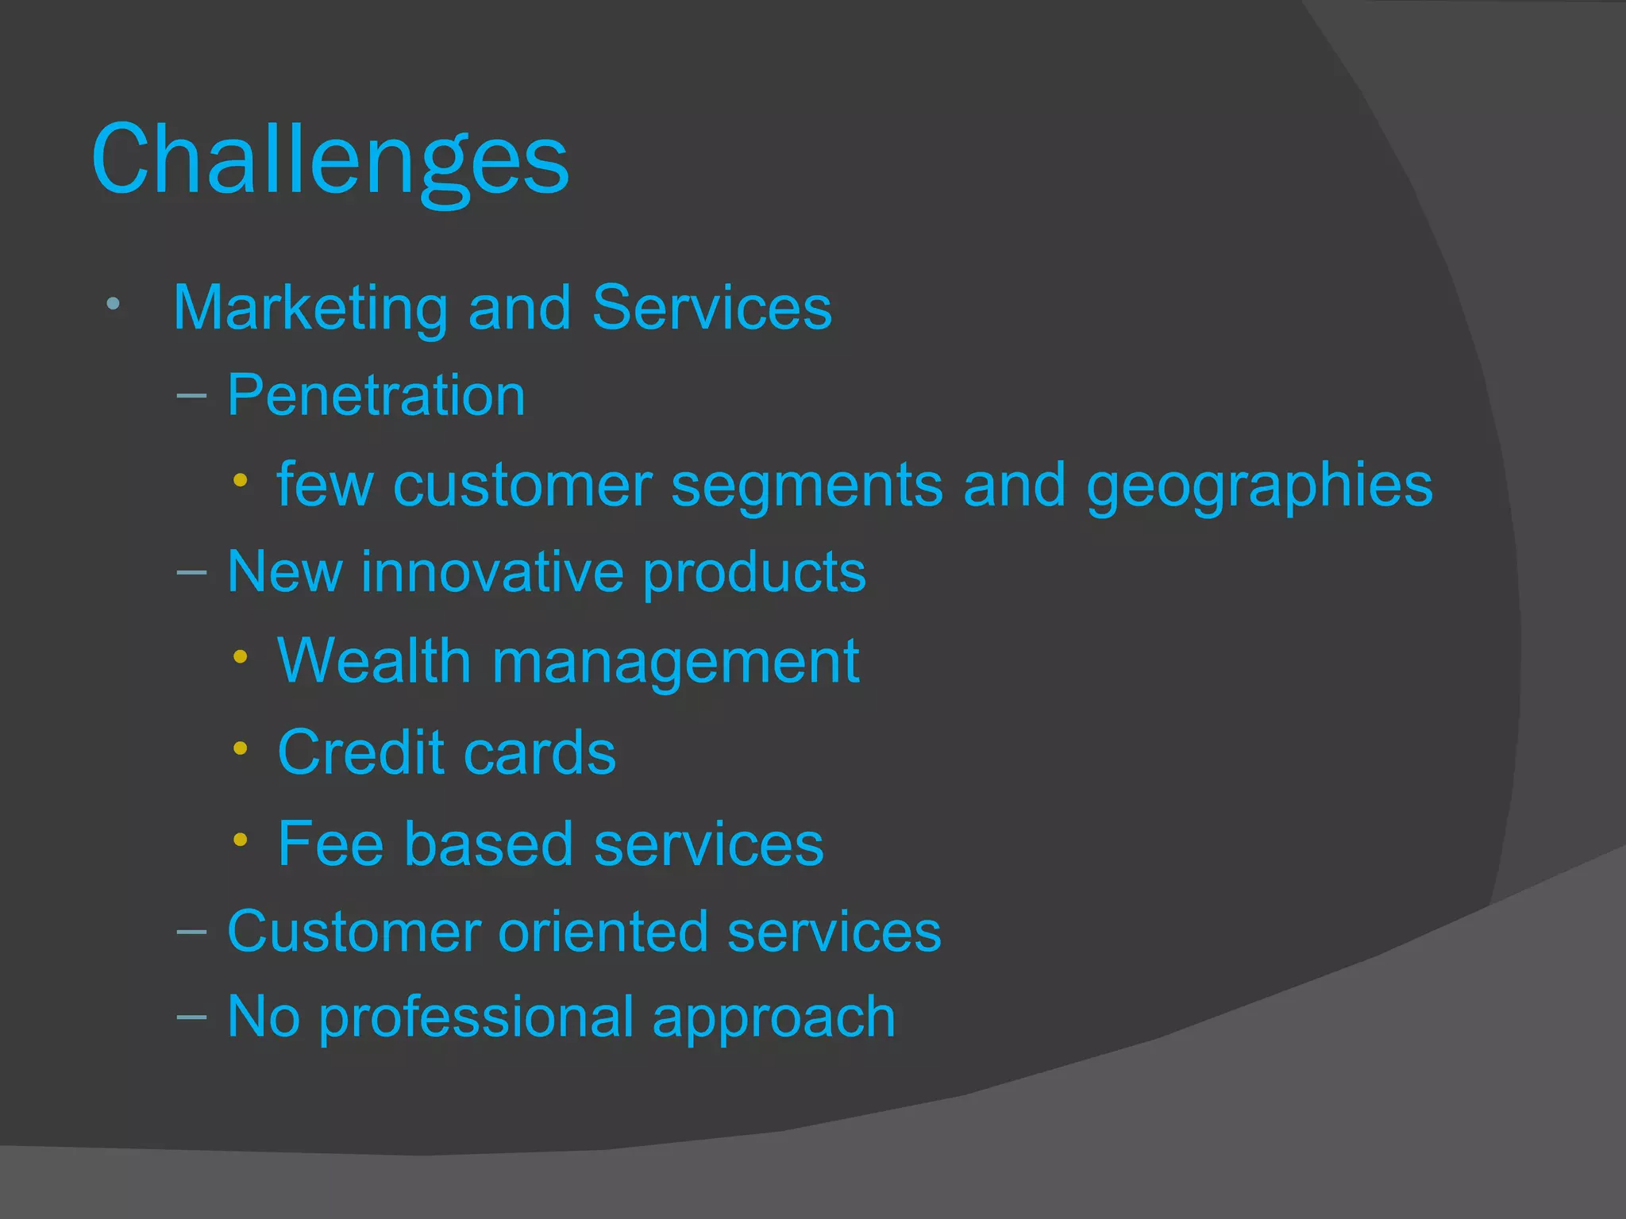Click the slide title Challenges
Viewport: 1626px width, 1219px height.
(330, 160)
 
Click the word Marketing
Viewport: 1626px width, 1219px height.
(310, 308)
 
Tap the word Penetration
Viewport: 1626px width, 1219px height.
(376, 395)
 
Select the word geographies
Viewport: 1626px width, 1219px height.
(1259, 486)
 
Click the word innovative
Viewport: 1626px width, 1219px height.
(492, 571)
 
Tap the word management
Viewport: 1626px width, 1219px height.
(676, 662)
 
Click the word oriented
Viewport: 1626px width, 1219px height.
(603, 932)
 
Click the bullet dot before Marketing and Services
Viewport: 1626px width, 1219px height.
(113, 303)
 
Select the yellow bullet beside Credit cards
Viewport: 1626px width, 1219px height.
(241, 748)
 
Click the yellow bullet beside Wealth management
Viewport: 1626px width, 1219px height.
(241, 656)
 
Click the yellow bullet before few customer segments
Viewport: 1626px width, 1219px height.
(241, 480)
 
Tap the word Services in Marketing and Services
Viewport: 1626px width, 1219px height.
(712, 308)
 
